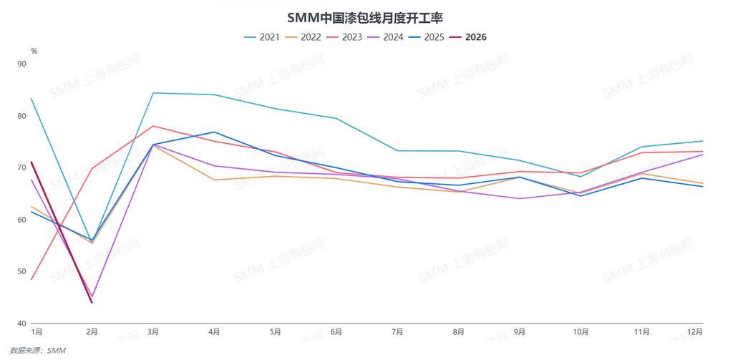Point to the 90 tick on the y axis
coord(21,64)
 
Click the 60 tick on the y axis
coord(21,220)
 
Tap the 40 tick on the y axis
coord(21,323)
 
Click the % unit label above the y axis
coord(34,52)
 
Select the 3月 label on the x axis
coord(153,332)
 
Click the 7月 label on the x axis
coord(397,332)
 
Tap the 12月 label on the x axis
coord(694,332)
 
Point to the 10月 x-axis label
coord(581,332)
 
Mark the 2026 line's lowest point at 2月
coord(92,302)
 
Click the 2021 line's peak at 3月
coord(153,93)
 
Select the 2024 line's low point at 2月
coord(92,296)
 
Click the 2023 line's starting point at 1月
coord(31,279)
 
